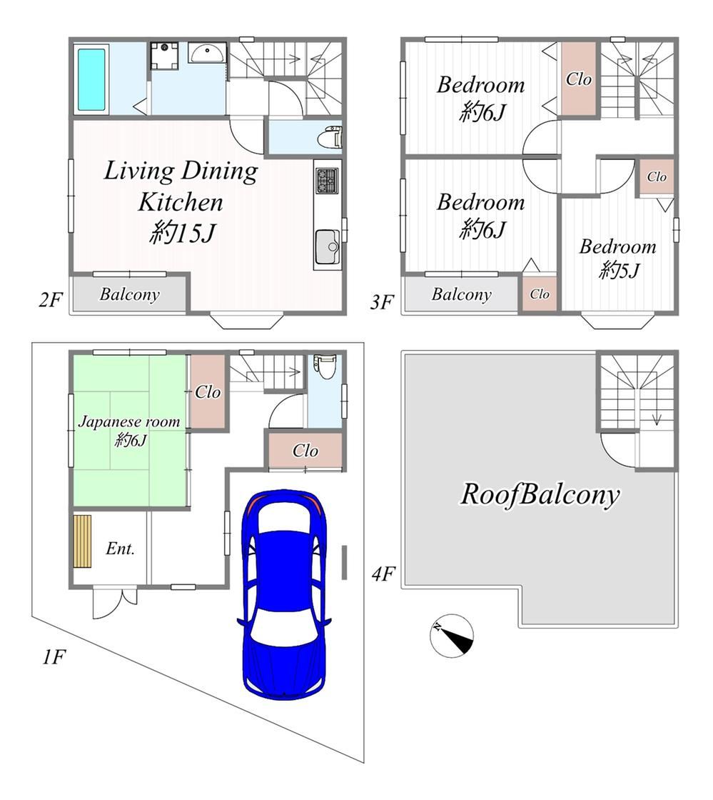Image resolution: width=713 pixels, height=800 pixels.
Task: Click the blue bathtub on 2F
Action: [x=92, y=79]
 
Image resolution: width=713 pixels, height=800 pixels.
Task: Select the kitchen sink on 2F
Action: [x=327, y=246]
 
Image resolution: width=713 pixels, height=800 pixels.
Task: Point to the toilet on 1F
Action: [x=324, y=366]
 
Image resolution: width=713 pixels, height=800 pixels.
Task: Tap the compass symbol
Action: [x=452, y=636]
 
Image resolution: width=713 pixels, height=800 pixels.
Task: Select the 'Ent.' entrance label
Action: [x=121, y=549]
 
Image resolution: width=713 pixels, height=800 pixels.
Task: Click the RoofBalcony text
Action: [x=540, y=494]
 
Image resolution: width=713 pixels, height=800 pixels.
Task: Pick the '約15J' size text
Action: [x=183, y=234]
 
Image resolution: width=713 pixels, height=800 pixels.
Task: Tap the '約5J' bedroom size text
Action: [x=619, y=270]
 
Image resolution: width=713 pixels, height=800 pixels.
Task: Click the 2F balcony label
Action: [x=129, y=294]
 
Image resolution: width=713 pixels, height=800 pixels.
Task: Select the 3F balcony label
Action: [x=461, y=294]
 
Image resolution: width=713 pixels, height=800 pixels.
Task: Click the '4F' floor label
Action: [x=383, y=574]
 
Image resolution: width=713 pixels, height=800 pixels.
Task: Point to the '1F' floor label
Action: [x=54, y=657]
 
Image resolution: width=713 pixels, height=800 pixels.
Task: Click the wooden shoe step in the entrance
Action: [x=82, y=541]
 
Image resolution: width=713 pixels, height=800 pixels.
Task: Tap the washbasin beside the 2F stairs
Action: [x=207, y=53]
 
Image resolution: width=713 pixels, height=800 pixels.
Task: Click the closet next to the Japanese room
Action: [x=208, y=392]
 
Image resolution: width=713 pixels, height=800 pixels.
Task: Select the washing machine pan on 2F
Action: [x=165, y=56]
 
